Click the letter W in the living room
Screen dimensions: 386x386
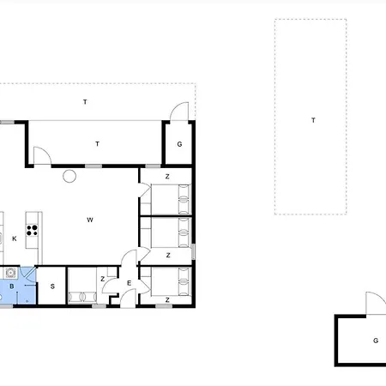click(90, 220)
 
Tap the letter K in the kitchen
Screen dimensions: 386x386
click(15, 238)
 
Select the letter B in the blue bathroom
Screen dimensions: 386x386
click(12, 286)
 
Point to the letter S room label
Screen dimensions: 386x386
click(52, 286)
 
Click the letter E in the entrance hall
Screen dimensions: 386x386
click(129, 283)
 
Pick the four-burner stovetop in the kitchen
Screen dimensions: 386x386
click(32, 230)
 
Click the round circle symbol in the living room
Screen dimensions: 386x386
click(69, 176)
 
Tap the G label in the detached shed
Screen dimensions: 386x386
click(376, 341)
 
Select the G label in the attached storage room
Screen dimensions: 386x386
click(179, 144)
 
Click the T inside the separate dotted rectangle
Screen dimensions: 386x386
click(313, 120)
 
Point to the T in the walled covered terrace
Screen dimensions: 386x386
click(97, 144)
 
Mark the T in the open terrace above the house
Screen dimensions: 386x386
click(85, 102)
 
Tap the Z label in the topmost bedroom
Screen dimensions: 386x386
click(167, 177)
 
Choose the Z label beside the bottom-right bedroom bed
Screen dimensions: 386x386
click(167, 300)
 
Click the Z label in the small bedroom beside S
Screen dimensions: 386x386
click(103, 279)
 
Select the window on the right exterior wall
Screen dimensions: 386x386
click(193, 251)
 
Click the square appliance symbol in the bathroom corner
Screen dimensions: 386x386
click(10, 273)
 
